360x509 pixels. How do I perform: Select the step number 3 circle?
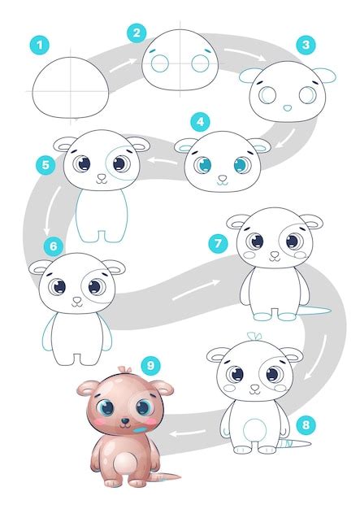coord(306,45)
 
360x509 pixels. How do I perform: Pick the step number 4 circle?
coord(199,122)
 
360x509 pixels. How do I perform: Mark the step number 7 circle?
coord(216,241)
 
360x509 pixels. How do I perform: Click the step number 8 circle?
coord(305,424)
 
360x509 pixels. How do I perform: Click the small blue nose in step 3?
coord(287,107)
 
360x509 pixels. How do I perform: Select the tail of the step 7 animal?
coord(316,311)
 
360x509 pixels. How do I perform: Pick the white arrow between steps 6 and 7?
coord(206,285)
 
